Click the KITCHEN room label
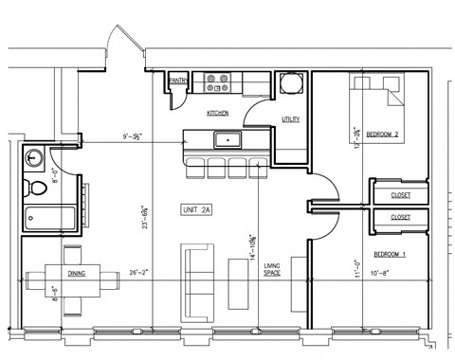coord(220,113)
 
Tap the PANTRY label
coord(177,82)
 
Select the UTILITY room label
coord(291,119)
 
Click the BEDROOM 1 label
coord(391,254)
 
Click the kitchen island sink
coord(227,141)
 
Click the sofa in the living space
coord(193,274)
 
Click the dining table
coord(68,282)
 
